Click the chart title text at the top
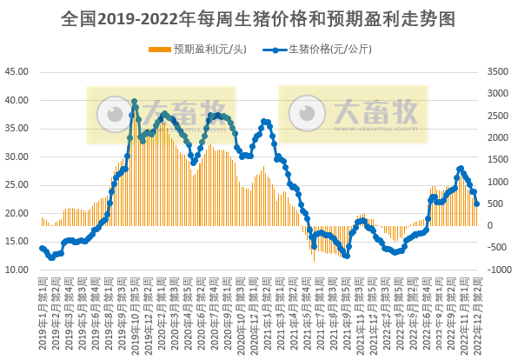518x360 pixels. click(258, 17)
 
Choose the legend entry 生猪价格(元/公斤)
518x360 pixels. click(330, 50)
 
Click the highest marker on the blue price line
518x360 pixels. click(134, 102)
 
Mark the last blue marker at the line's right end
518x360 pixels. click(477, 204)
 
